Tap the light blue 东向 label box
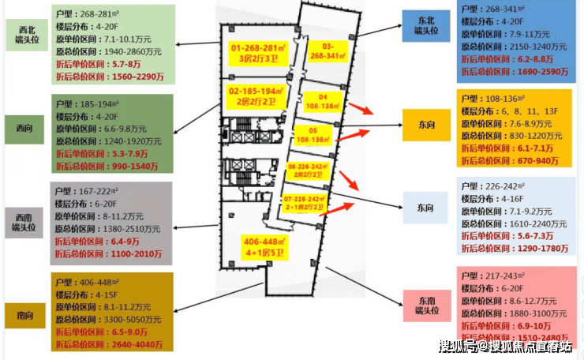(x=425, y=208)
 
